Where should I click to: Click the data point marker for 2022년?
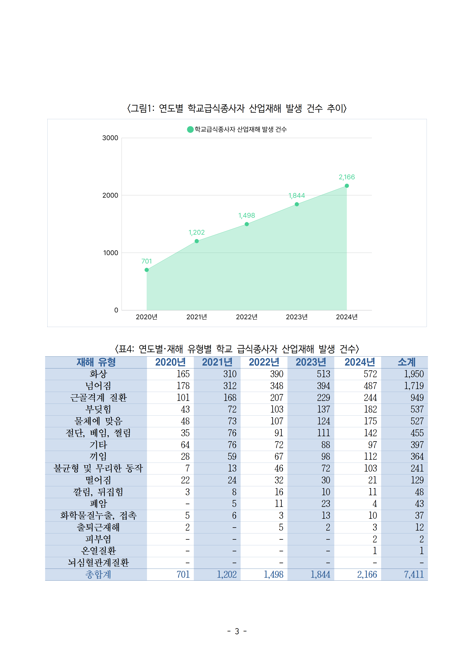pos(247,224)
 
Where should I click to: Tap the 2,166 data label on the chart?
pos(347,177)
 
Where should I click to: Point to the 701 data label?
pos(147,261)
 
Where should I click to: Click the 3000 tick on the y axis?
pos(110,138)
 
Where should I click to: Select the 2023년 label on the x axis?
pos(297,317)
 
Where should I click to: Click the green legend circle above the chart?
pos(190,129)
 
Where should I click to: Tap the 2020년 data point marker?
pos(147,270)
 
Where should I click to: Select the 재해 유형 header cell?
pos(96,362)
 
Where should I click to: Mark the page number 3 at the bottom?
pos(237,631)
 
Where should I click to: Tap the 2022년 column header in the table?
pos(264,362)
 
